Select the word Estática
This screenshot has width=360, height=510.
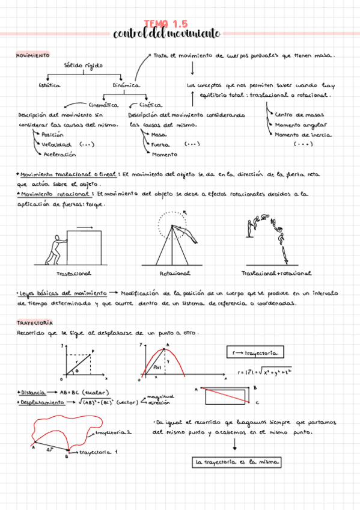49,85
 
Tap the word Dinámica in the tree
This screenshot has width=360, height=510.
126,85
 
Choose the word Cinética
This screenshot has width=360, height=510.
151,105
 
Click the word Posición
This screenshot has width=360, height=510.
53,135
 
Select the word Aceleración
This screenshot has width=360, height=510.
59,155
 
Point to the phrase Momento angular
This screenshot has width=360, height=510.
301,125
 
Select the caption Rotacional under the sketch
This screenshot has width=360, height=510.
175,274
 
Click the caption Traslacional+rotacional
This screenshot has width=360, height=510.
276,274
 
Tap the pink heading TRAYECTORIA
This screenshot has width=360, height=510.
34,323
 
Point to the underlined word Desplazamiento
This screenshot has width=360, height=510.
42,402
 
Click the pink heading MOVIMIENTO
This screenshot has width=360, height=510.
32,55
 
